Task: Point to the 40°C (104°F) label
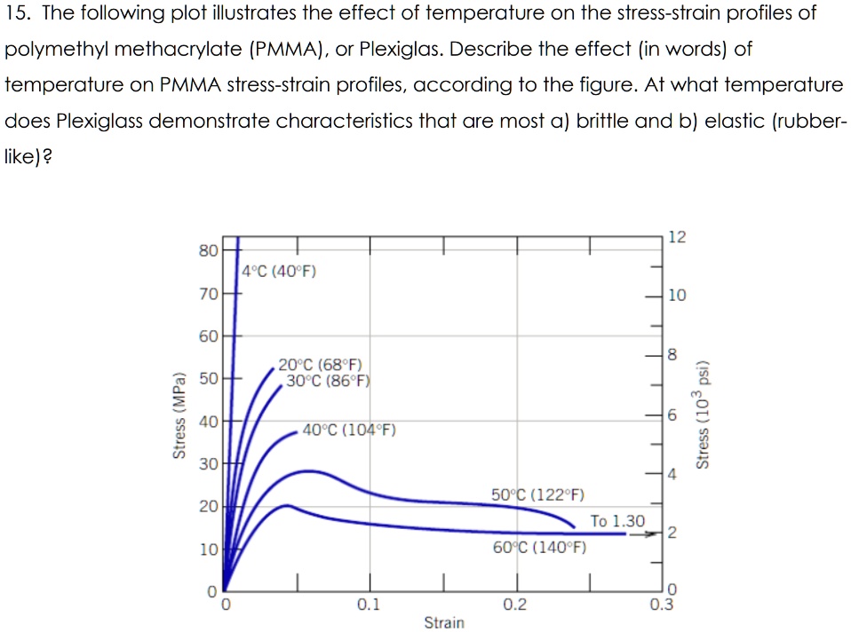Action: [349, 431]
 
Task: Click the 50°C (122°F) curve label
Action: [537, 494]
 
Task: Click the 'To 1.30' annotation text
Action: [618, 520]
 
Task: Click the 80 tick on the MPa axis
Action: [207, 250]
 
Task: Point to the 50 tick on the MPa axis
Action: [207, 379]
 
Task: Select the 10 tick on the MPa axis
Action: [207, 549]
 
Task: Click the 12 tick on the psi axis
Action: [677, 237]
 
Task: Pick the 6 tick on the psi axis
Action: [672, 415]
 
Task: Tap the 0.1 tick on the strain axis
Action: [369, 605]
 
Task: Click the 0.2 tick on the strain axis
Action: [514, 605]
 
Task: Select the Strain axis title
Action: [443, 622]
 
